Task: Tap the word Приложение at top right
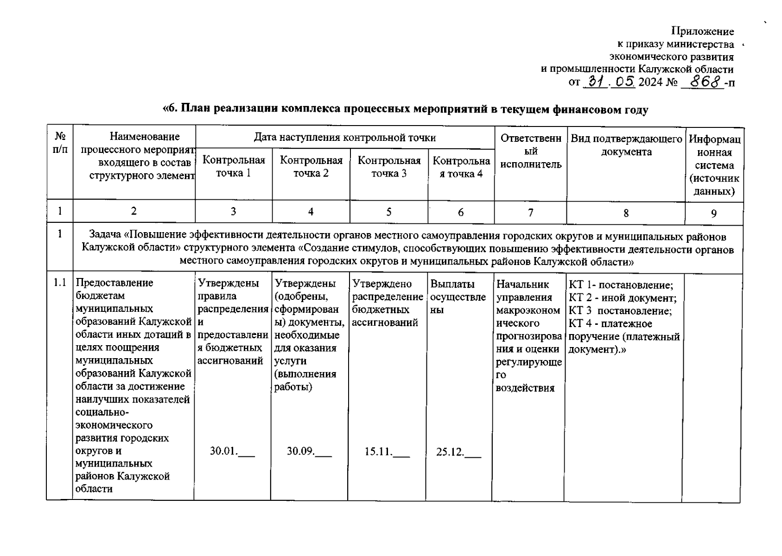(x=703, y=32)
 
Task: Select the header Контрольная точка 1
(x=234, y=166)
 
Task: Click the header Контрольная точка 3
(x=389, y=167)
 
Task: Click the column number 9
(x=714, y=213)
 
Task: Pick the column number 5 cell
(x=388, y=212)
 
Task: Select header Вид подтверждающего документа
(x=626, y=145)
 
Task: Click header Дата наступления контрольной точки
(x=344, y=137)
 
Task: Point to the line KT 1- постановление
(x=621, y=285)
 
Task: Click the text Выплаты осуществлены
(x=458, y=297)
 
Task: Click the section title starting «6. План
(x=405, y=109)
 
